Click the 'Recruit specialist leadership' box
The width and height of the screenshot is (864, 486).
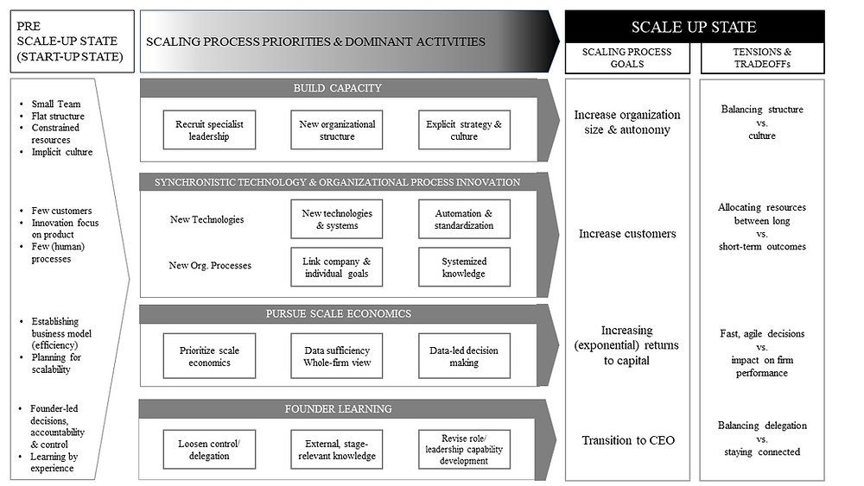[x=210, y=130]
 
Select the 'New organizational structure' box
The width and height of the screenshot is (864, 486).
[x=337, y=130]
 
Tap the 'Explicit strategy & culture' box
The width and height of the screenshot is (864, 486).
[x=464, y=130]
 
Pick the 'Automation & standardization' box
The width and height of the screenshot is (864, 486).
[x=464, y=219]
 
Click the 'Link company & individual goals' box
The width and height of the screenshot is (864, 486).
[x=337, y=268]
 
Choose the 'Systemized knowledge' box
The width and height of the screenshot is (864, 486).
[x=464, y=268]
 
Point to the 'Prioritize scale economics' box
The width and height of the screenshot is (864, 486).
[x=210, y=356]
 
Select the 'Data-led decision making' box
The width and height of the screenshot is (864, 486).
[x=464, y=356]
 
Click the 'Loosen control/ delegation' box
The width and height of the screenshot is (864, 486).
[x=210, y=449]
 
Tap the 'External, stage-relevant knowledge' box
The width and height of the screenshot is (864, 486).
[x=337, y=449]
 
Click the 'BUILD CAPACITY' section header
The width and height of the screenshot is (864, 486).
[x=337, y=88]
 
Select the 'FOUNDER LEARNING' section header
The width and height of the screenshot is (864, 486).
[x=337, y=408]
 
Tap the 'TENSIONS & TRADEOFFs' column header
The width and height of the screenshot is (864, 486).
[x=761, y=59]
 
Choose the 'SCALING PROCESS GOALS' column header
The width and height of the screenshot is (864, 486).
[x=628, y=59]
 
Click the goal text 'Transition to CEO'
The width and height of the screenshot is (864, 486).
[x=628, y=440]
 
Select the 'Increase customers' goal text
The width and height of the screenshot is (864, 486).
[x=628, y=233]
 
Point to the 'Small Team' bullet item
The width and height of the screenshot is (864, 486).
[x=56, y=104]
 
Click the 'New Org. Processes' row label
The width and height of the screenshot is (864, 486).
[x=210, y=265]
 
